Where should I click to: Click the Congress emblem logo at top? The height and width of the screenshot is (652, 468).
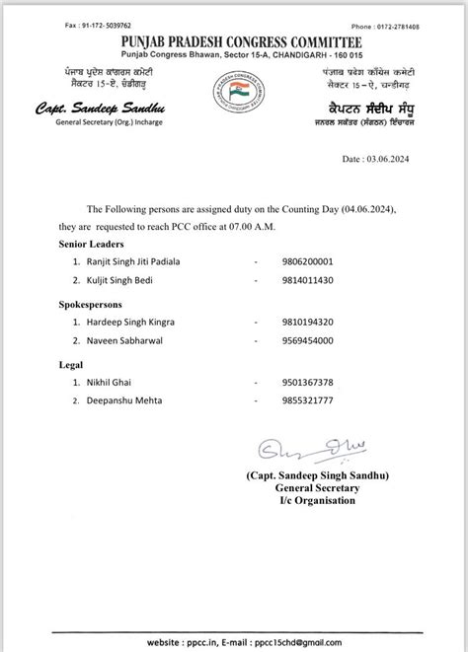233,91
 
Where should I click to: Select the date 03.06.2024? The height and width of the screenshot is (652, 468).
394,158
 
